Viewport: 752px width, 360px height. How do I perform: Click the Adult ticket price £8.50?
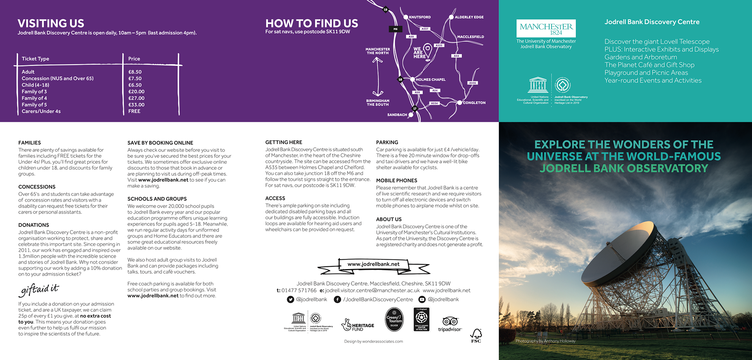coord(135,72)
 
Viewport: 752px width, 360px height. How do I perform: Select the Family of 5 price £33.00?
coord(136,105)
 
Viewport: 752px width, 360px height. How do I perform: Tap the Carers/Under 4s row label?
coord(41,112)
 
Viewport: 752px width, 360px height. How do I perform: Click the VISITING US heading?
coord(51,24)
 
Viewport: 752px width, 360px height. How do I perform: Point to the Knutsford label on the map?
coord(419,17)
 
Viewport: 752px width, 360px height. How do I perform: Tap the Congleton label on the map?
coord(474,103)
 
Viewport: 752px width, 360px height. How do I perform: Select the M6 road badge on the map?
coord(395,29)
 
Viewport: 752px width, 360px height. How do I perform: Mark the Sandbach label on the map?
coord(397,115)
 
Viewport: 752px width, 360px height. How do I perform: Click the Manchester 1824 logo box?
coord(546,29)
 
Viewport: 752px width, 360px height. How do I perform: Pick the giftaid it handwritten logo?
coord(39,289)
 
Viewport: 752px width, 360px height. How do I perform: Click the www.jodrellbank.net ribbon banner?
coord(373,264)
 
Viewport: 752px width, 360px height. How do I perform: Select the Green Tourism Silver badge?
coord(394,320)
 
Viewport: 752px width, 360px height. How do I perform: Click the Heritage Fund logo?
coord(358,325)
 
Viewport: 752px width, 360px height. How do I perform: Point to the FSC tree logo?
coord(476,335)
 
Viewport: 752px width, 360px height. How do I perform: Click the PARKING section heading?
coord(387,143)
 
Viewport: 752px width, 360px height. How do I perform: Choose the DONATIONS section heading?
coord(34,225)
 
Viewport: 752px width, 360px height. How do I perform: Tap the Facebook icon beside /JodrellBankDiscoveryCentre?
coord(337,300)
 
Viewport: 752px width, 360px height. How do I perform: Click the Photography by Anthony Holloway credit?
coord(545,341)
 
